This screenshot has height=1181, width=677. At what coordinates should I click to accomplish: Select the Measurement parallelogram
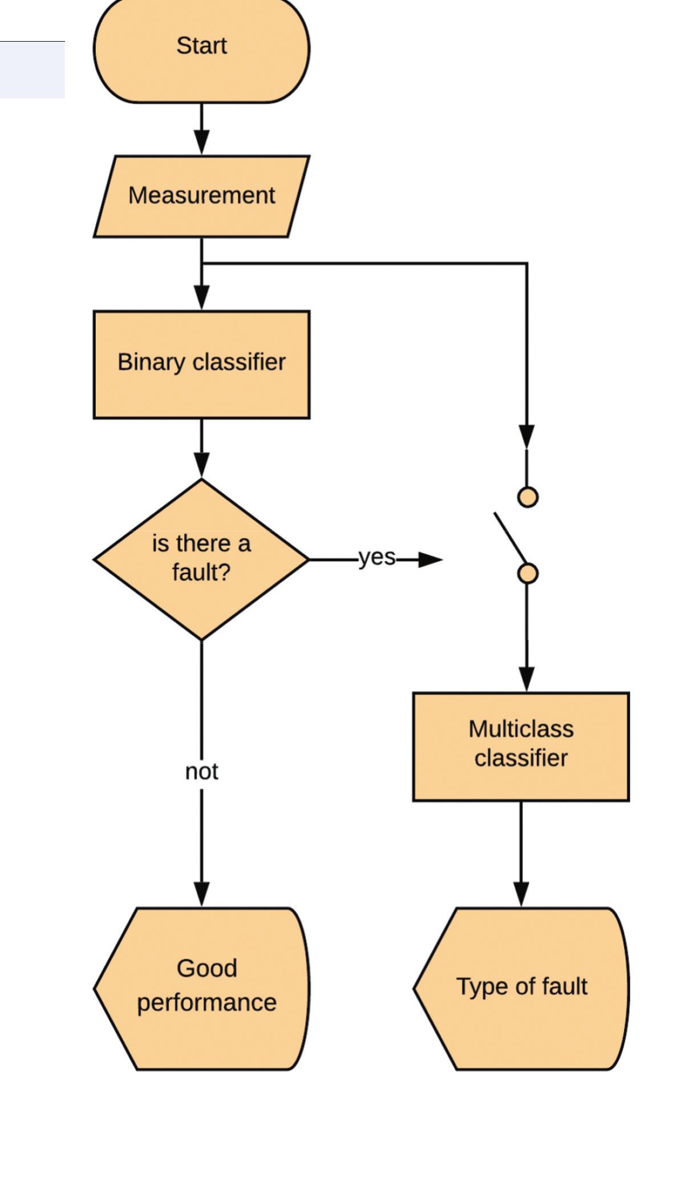tap(201, 196)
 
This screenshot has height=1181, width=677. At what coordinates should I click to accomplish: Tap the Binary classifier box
tap(201, 365)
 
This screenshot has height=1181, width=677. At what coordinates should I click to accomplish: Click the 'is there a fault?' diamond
tap(201, 559)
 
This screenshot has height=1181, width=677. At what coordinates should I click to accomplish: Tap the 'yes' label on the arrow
tap(376, 558)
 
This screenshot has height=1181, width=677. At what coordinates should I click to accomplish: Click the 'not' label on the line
tap(201, 772)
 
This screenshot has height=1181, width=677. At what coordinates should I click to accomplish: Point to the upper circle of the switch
tap(528, 497)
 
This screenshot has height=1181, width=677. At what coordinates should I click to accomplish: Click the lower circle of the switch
tap(528, 573)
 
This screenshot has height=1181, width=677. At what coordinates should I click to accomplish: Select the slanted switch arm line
tap(510, 537)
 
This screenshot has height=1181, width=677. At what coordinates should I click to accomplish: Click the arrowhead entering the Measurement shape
tap(201, 142)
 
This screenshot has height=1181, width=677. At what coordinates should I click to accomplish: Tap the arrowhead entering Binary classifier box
tap(201, 297)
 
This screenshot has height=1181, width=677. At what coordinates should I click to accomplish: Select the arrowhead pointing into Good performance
tap(201, 893)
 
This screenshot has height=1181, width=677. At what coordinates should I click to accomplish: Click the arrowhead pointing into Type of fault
tap(521, 893)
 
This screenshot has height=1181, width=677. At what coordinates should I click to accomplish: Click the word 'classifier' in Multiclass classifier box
tap(521, 759)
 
